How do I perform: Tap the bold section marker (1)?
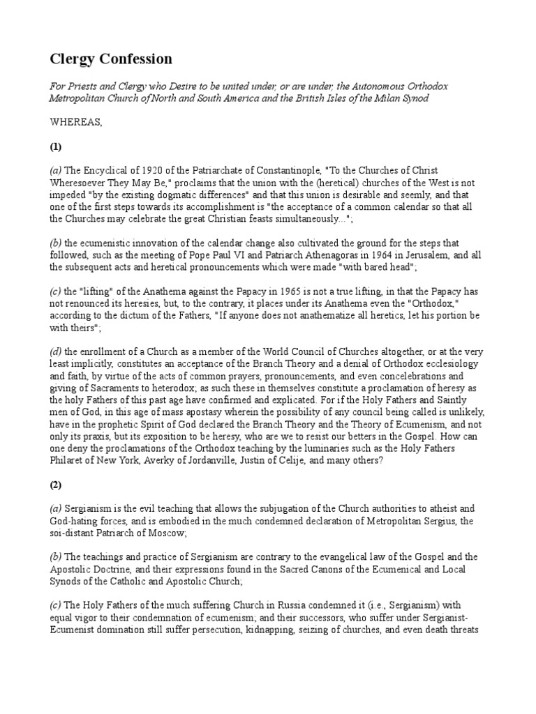[x=56, y=147]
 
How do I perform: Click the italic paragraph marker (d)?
[x=55, y=353]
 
